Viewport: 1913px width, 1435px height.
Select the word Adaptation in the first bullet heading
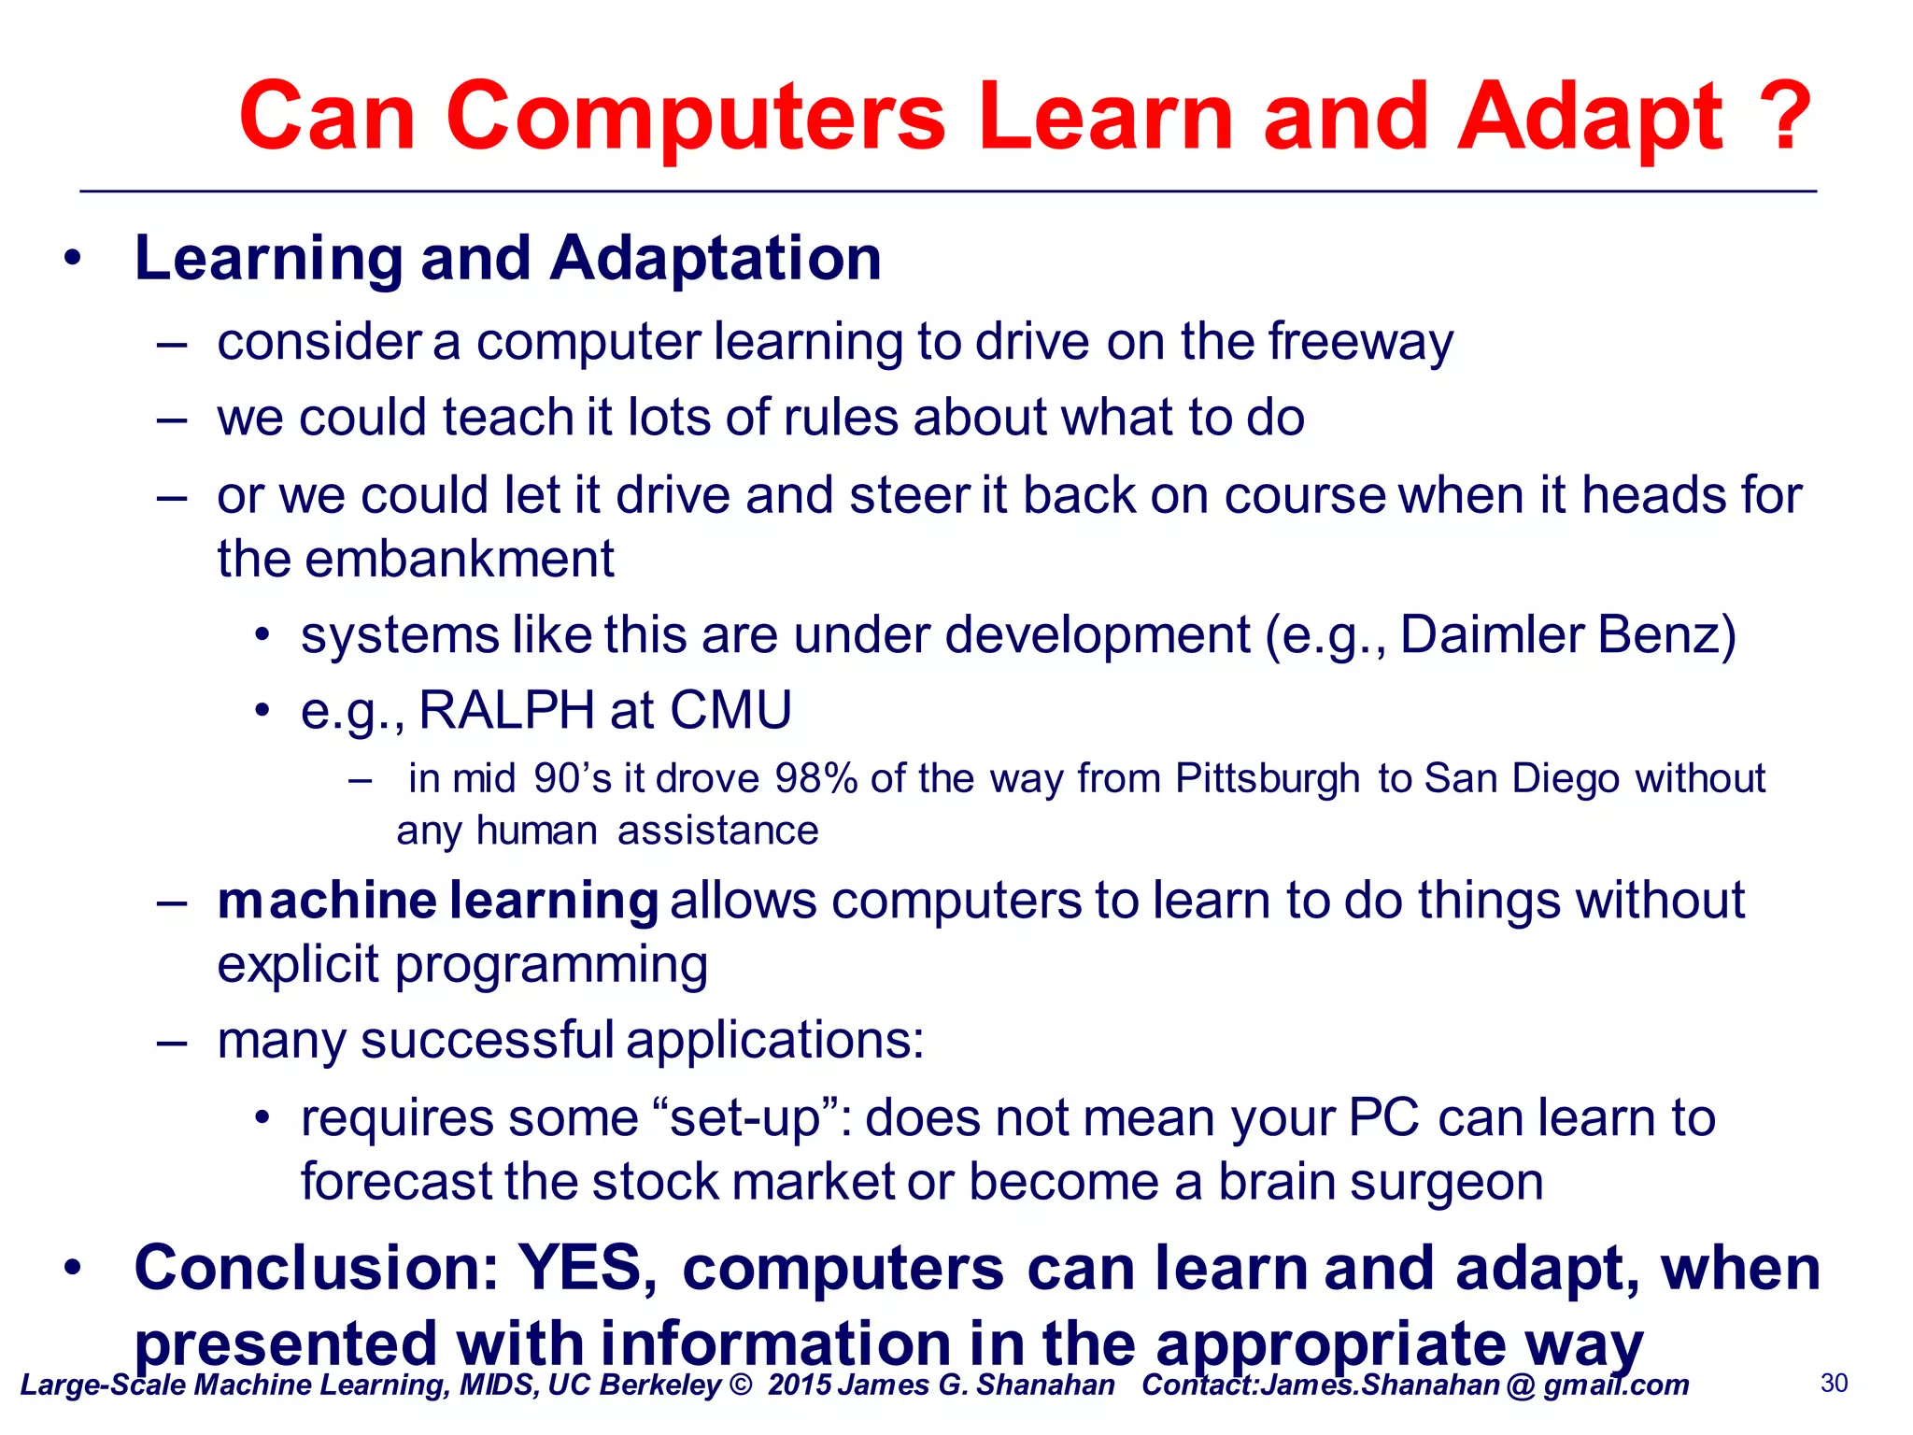point(716,258)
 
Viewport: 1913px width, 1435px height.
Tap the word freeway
point(1360,342)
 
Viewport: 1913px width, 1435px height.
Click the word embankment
point(459,560)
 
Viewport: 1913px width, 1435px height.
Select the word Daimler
point(1492,635)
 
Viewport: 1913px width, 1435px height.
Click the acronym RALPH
point(506,710)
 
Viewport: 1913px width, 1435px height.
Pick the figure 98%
point(815,779)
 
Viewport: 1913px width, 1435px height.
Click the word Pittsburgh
point(1267,779)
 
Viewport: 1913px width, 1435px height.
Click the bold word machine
point(326,901)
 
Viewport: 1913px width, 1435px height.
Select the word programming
point(551,966)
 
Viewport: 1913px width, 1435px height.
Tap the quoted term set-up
point(754,1118)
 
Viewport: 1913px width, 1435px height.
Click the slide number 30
point(1834,1384)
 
